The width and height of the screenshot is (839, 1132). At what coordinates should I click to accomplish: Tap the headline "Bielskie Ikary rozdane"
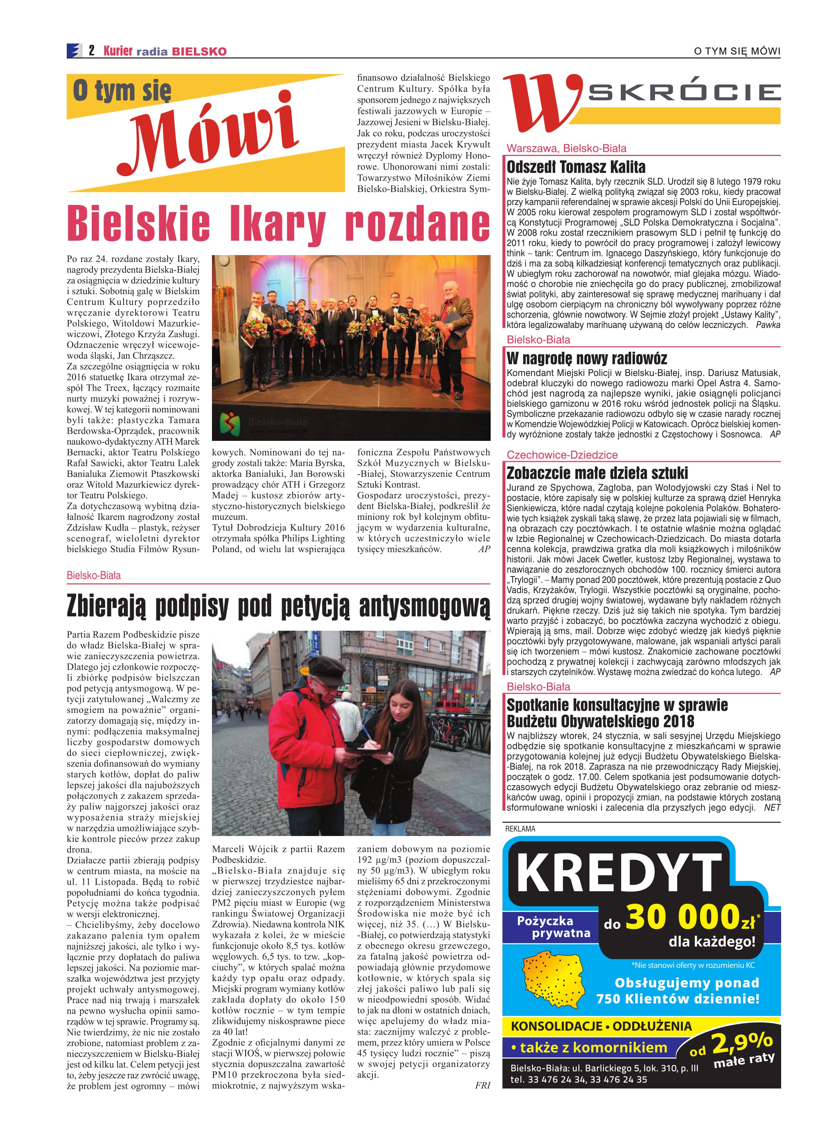pyautogui.click(x=278, y=223)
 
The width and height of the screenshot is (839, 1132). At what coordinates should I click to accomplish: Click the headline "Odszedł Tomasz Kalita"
pyautogui.click(x=576, y=167)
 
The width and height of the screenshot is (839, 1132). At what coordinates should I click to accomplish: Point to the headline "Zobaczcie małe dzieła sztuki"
pyautogui.click(x=597, y=473)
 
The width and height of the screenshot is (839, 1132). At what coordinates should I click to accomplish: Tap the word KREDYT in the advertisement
pyautogui.click(x=619, y=872)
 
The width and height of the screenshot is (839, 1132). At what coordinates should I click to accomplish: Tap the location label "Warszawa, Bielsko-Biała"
pyautogui.click(x=566, y=148)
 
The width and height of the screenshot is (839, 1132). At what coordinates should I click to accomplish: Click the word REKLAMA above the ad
pyautogui.click(x=520, y=828)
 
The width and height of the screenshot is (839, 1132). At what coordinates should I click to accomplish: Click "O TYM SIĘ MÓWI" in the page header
pyautogui.click(x=737, y=51)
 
